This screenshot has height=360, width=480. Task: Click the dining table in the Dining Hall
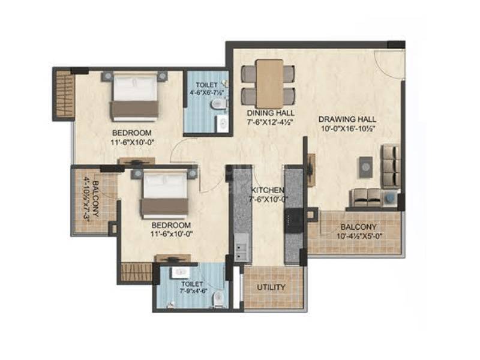coord(269,83)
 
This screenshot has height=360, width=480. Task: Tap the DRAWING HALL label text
coord(347,119)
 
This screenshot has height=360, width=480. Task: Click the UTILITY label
coord(271,287)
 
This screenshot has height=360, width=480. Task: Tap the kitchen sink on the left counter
coord(241,248)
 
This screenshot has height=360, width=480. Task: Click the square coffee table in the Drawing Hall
coord(365,166)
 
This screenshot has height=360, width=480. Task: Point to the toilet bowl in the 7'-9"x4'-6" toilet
coord(219,298)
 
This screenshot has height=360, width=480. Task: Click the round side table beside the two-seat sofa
coord(391,197)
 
